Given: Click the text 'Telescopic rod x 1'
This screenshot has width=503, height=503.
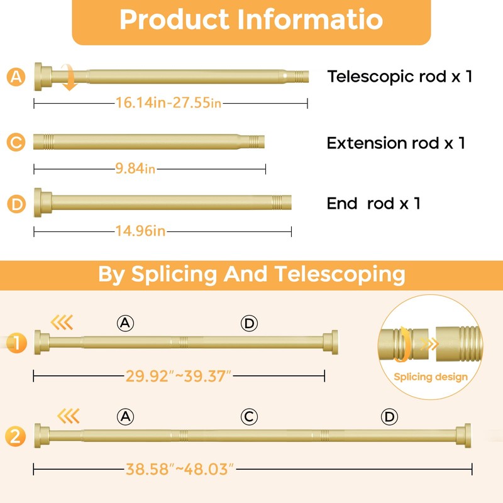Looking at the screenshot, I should (x=399, y=77).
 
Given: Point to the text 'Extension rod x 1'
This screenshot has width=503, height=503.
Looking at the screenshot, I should (x=395, y=143).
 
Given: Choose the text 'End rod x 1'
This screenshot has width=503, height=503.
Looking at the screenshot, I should (x=373, y=203).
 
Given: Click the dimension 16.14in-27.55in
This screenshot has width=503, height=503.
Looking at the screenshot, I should (x=169, y=103).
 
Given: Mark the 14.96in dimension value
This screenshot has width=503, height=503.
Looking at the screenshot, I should (x=140, y=231).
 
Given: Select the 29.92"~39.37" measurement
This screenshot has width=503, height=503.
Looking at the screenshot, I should (x=179, y=376).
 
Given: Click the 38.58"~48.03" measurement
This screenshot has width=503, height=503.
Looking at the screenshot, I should (x=180, y=468).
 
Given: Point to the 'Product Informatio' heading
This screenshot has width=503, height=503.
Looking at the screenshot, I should (x=251, y=20).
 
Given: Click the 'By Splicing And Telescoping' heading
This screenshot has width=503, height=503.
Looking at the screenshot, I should (x=251, y=275).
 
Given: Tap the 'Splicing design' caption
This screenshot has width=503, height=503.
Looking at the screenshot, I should (x=431, y=377).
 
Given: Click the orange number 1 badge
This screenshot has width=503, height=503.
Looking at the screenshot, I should (x=17, y=343).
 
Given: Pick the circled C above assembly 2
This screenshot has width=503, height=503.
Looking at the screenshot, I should (x=250, y=416).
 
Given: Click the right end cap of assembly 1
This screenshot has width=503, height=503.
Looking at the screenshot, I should (x=331, y=341).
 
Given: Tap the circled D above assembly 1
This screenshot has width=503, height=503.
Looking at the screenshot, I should (x=250, y=323).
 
